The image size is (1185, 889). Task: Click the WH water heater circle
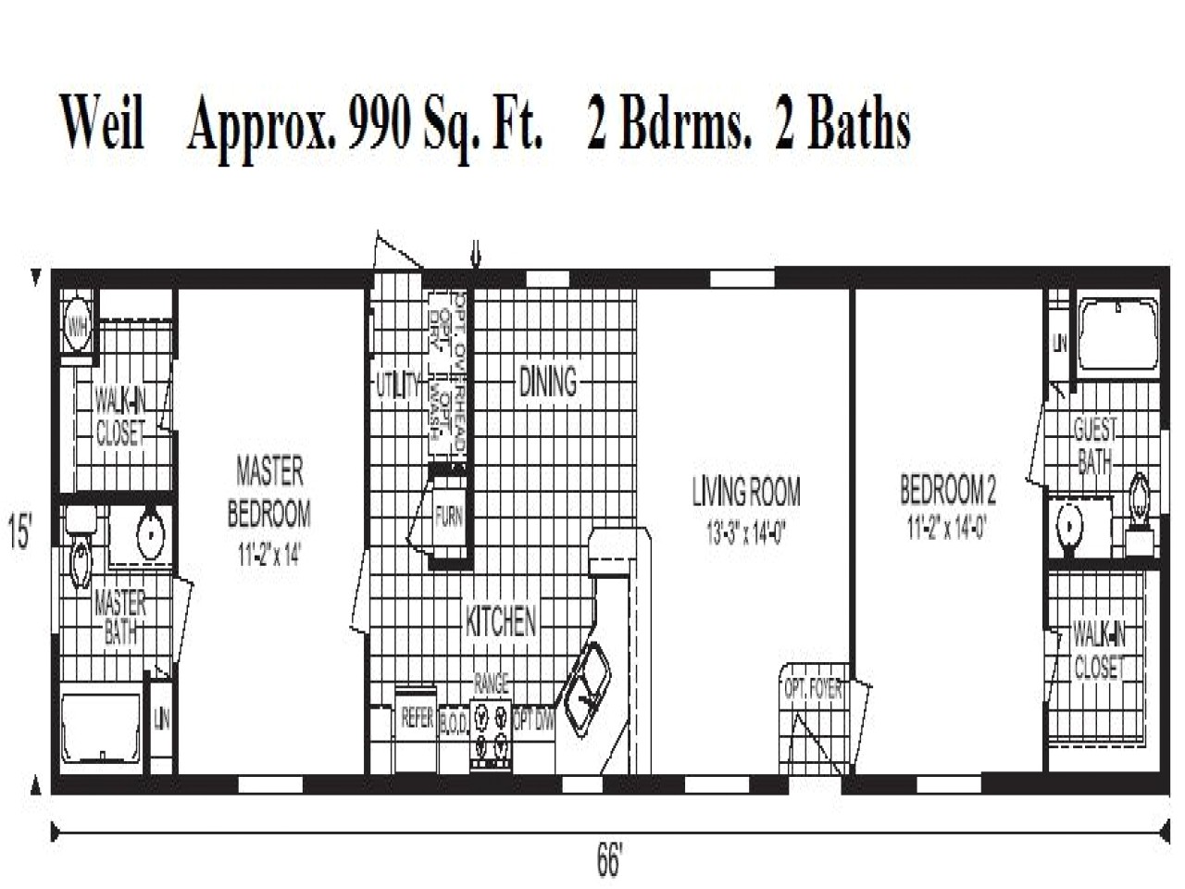coord(79,326)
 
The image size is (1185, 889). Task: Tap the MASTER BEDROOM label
coord(268,492)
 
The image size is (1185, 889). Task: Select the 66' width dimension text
coord(608,861)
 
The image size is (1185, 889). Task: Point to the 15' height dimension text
coord(20,534)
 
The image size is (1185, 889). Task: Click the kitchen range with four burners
coord(491,731)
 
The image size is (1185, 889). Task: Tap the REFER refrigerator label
coord(418,718)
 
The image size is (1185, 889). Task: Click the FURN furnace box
coord(449,516)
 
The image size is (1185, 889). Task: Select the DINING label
coord(547,382)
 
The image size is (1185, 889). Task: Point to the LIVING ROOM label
coord(746,492)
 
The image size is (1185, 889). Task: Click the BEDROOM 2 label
coord(948,489)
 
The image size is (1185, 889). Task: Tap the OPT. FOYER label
coord(813,690)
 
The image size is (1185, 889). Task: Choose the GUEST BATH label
coord(1094,445)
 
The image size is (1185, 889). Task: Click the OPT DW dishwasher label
coord(533,720)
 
